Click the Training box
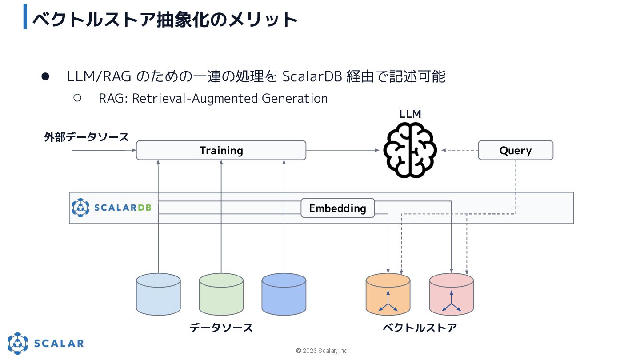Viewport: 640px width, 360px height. tap(221, 150)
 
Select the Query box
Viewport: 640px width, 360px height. tap(516, 150)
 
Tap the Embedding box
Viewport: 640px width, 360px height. tap(338, 208)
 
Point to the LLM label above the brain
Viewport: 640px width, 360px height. tap(410, 114)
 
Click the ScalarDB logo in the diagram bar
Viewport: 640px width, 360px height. tap(112, 208)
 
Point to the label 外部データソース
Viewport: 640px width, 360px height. tap(86, 137)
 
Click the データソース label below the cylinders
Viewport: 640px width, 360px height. tap(221, 328)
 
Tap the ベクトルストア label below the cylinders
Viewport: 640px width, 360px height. tap(420, 328)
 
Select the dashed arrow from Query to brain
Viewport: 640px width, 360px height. tap(460, 150)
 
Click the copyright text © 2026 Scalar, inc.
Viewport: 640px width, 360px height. tap(323, 351)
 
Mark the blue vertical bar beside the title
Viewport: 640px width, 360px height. tap(25, 17)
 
